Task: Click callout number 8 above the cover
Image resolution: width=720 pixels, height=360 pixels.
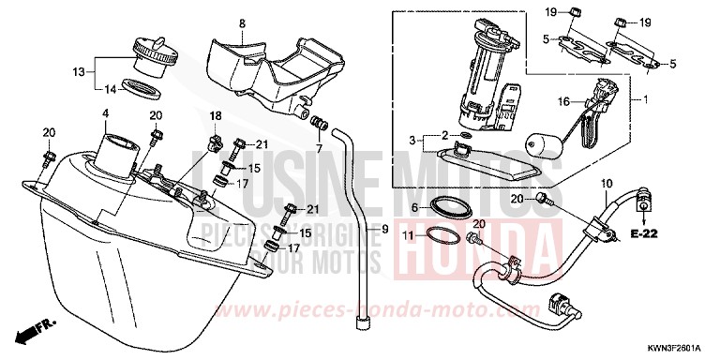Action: (242, 22)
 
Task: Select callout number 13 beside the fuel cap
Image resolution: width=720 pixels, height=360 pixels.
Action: (79, 71)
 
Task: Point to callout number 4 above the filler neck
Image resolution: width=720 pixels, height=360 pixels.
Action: (106, 114)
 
